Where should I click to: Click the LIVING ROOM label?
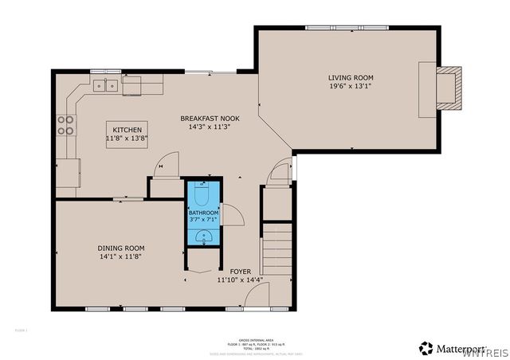click(x=351, y=78)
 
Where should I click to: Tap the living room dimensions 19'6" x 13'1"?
click(x=351, y=87)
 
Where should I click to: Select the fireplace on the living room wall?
click(x=449, y=85)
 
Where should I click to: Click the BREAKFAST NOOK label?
click(x=210, y=118)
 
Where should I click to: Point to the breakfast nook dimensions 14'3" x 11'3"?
click(x=210, y=127)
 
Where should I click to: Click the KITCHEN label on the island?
click(x=127, y=130)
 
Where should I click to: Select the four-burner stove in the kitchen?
click(x=65, y=125)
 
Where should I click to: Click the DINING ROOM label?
click(x=121, y=248)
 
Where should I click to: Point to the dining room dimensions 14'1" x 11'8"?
click(x=121, y=257)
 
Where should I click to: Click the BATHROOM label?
click(x=203, y=213)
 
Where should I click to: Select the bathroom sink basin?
click(x=203, y=236)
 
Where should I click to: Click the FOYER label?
click(x=240, y=272)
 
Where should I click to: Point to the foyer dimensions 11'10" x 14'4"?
click(x=240, y=280)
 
